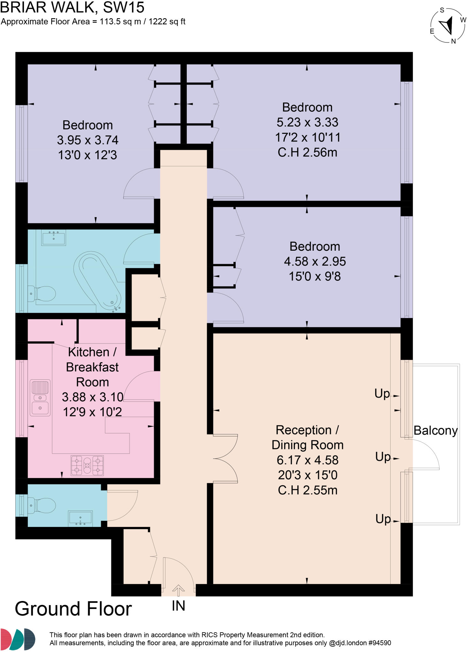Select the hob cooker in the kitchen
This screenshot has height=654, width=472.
[87, 465]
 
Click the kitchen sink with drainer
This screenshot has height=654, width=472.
[40, 398]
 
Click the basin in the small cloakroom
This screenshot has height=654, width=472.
[80, 518]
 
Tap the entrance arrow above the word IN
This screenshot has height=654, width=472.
[178, 590]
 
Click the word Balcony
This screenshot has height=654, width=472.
[435, 430]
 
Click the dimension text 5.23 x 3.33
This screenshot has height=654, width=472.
[307, 122]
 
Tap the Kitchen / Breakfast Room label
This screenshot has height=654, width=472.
[92, 367]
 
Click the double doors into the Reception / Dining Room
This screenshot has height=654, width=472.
[225, 459]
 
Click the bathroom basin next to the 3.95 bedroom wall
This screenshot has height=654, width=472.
[53, 238]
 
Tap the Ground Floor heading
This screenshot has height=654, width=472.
[73, 609]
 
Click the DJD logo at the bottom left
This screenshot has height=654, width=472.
[18, 639]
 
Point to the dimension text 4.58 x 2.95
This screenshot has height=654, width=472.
[315, 262]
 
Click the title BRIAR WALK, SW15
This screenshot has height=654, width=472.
[72, 7]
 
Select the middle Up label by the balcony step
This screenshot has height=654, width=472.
[383, 457]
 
